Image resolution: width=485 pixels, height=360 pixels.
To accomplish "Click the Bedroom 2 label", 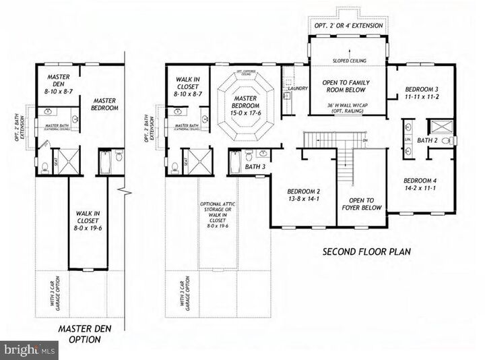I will pyautogui.click(x=302, y=196).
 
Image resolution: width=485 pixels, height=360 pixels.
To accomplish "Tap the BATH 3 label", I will pyautogui.click(x=254, y=167).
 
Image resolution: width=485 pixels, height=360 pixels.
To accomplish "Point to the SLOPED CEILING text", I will pyautogui.click(x=348, y=61).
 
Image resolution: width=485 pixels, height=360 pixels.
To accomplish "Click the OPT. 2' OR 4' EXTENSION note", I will pyautogui.click(x=348, y=26).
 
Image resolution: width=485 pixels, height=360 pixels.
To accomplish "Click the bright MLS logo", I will pyautogui.click(x=29, y=351).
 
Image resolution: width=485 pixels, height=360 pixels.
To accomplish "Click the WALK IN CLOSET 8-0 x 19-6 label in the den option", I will pyautogui.click(x=88, y=220).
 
